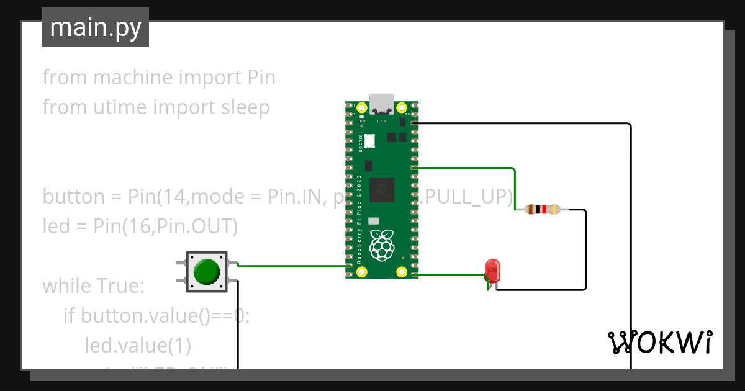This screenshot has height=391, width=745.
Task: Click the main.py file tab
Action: (96, 27)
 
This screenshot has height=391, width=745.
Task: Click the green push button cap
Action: (206, 272)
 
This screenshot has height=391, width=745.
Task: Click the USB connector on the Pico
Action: (381, 103)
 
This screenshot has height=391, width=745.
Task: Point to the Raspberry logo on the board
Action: (382, 245)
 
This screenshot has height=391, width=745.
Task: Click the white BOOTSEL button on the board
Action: (370, 141)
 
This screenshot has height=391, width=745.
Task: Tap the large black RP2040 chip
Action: (381, 189)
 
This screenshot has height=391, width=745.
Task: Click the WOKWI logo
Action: (659, 342)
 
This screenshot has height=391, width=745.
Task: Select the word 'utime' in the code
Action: (120, 107)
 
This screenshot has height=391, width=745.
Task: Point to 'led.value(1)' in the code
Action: (138, 344)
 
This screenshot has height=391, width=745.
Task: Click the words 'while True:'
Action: (93, 286)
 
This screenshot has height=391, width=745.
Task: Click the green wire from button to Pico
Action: (292, 266)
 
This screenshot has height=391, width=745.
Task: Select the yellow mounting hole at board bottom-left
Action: (361, 272)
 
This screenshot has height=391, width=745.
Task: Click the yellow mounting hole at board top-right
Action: (402, 107)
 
